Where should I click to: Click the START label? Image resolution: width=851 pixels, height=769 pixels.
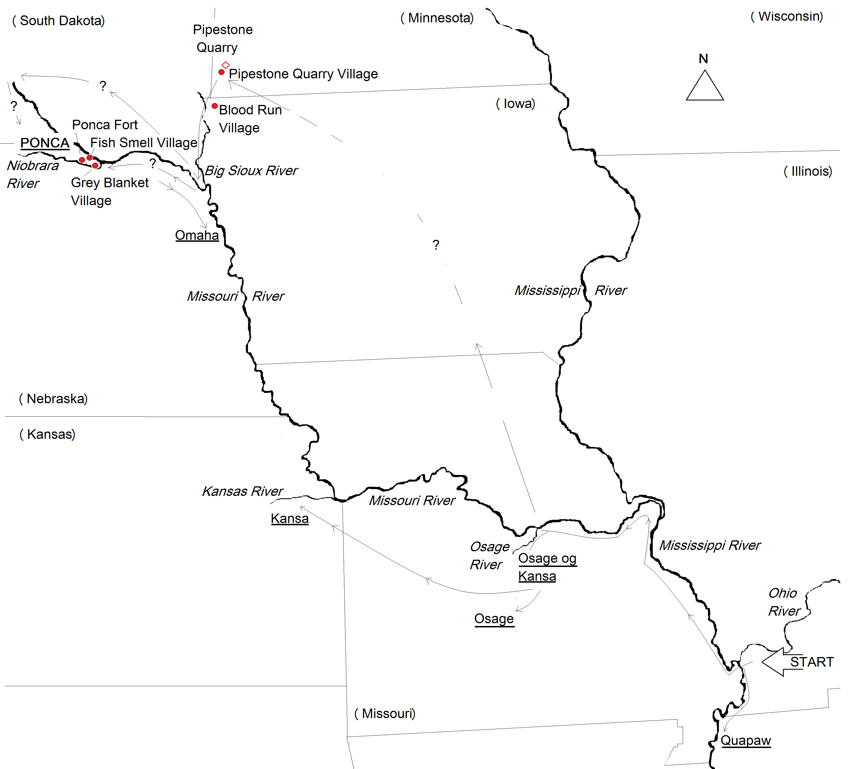point(811,662)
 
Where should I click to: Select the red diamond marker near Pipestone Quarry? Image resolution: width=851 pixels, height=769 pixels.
point(225,65)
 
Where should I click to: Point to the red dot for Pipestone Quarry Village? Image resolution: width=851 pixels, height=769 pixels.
point(221,72)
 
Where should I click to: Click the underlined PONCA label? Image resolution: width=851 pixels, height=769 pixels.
point(45,143)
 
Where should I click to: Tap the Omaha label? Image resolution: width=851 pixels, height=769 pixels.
point(197,235)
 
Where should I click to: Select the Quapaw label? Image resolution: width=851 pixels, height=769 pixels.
point(745,740)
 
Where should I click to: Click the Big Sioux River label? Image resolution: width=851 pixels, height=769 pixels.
point(251,170)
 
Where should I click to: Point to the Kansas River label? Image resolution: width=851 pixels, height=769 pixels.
point(242,491)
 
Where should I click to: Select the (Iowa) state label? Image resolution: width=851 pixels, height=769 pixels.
point(515,104)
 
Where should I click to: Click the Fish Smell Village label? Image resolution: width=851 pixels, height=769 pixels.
point(144,143)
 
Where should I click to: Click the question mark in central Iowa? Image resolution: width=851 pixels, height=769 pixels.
point(436,245)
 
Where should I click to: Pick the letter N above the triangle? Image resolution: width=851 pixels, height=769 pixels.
point(703,59)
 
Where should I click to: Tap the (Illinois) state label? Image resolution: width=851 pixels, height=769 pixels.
point(808,171)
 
